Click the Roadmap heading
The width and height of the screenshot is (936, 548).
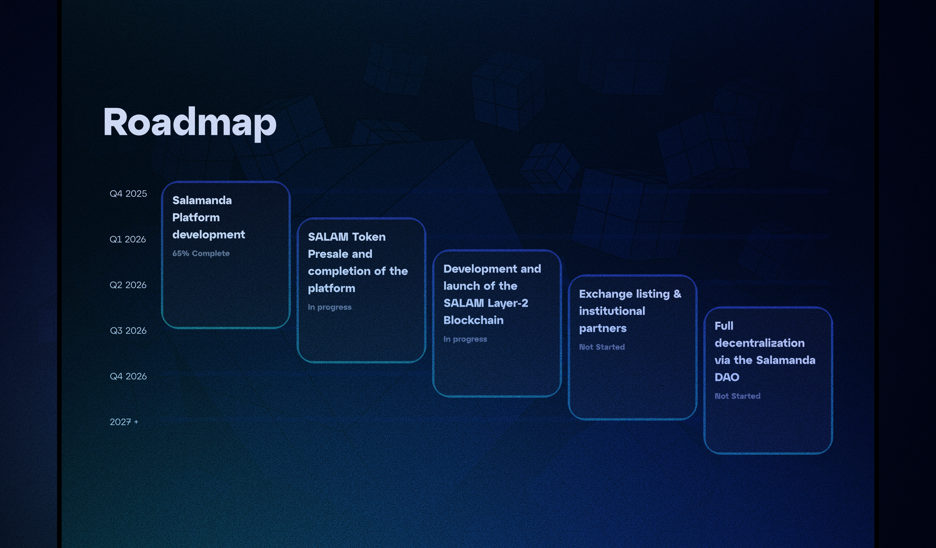click(189, 123)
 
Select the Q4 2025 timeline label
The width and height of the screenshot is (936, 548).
click(128, 194)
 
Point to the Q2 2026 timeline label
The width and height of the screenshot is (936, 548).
click(128, 285)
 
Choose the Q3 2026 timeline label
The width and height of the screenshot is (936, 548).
click(128, 331)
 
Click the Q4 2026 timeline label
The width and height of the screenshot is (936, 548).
click(128, 376)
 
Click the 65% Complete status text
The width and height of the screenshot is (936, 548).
click(201, 253)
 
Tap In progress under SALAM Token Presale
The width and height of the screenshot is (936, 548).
click(330, 307)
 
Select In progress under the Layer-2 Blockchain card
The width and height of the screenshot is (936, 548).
click(465, 339)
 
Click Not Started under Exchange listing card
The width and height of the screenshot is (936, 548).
click(602, 347)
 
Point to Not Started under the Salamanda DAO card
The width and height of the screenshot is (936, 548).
click(737, 396)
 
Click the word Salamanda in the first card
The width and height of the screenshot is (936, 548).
click(202, 201)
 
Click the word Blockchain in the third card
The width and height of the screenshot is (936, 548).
click(473, 320)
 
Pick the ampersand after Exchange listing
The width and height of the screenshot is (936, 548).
click(677, 294)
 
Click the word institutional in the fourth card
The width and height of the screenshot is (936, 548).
click(612, 311)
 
